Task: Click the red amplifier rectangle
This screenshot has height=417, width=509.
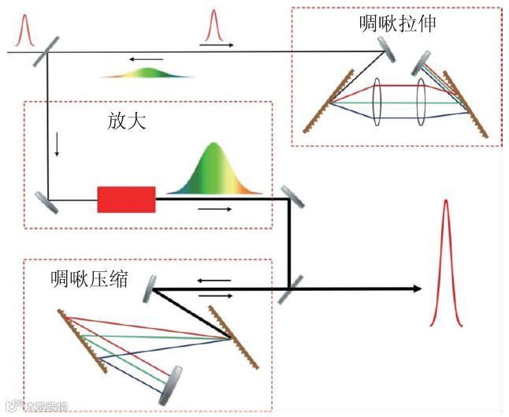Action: point(126,199)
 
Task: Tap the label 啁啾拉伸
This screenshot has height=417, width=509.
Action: point(396,24)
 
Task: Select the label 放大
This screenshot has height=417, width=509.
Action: point(127,122)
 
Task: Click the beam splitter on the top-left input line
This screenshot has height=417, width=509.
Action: point(45,53)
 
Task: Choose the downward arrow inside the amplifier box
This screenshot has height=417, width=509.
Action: point(58,144)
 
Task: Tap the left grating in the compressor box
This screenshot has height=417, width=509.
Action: point(81,340)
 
